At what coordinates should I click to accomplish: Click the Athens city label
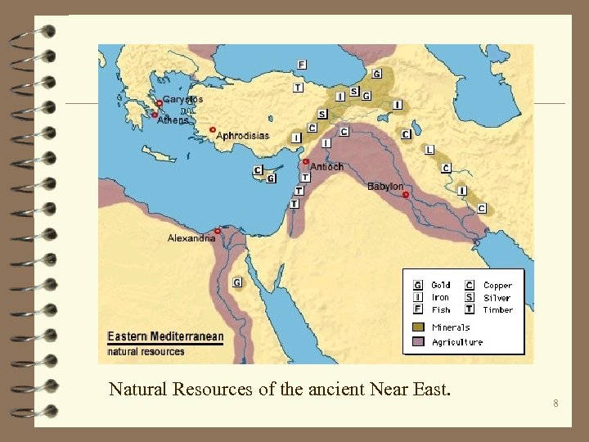coord(173,120)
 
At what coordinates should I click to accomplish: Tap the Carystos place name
coord(183,99)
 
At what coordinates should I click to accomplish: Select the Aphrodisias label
coord(242,136)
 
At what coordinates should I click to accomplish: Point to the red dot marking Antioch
coord(306,161)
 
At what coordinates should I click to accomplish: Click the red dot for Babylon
coord(406,195)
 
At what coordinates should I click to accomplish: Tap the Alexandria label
coord(191,238)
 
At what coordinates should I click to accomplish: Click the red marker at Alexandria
coord(218,232)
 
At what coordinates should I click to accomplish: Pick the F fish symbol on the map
coord(302,65)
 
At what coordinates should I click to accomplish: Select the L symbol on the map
coord(430,150)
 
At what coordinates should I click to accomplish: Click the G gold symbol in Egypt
coord(236,282)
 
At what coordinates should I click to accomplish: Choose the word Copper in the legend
coord(497,286)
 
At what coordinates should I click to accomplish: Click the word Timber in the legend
coord(497,310)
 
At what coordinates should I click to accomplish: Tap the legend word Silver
coord(497,298)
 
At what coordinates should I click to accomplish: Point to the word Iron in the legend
coord(440,298)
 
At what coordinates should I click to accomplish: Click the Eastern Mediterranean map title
coord(165,337)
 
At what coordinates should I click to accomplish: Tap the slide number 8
coord(555,404)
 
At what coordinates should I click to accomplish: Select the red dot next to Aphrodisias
coord(212,129)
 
